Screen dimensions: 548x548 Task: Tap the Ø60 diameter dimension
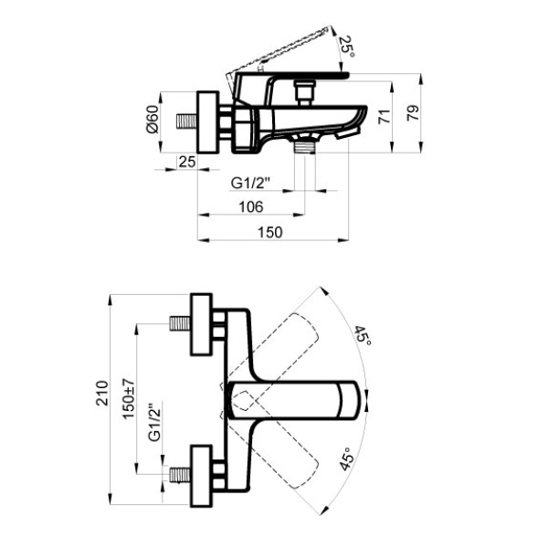tap(153, 119)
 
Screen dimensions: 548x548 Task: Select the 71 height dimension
tap(384, 116)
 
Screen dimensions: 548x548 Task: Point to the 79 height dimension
tap(413, 113)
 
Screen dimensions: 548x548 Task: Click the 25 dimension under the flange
tap(187, 162)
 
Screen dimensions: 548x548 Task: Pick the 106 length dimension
tap(251, 207)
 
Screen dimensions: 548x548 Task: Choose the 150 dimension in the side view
tap(269, 232)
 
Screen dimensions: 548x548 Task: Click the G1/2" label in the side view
tap(250, 183)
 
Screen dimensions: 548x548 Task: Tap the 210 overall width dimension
tap(102, 393)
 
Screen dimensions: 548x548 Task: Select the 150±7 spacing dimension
tap(128, 399)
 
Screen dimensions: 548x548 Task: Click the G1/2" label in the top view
tap(155, 422)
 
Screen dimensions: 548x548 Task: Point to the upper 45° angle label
tap(363, 335)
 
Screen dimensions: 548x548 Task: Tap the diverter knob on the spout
tap(305, 92)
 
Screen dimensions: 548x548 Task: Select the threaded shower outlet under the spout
tap(305, 147)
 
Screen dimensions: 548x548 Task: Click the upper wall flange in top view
tap(202, 324)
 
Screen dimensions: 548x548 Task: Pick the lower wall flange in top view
tap(202, 477)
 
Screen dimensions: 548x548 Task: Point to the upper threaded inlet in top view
tap(180, 323)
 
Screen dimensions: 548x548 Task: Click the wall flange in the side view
tap(208, 122)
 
